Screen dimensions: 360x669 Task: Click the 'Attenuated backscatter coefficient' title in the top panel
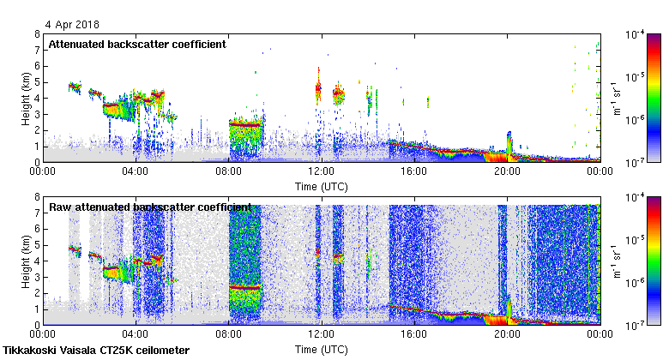137,44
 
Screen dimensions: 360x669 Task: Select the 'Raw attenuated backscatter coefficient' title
150,207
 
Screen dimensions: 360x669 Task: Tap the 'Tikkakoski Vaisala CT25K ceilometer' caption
96,351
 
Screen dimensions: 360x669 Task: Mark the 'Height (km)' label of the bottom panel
26,261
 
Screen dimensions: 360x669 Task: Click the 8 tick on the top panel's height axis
37,34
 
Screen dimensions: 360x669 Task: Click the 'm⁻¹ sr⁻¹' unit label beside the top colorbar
616,98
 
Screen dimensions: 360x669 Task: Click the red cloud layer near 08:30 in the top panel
244,124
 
